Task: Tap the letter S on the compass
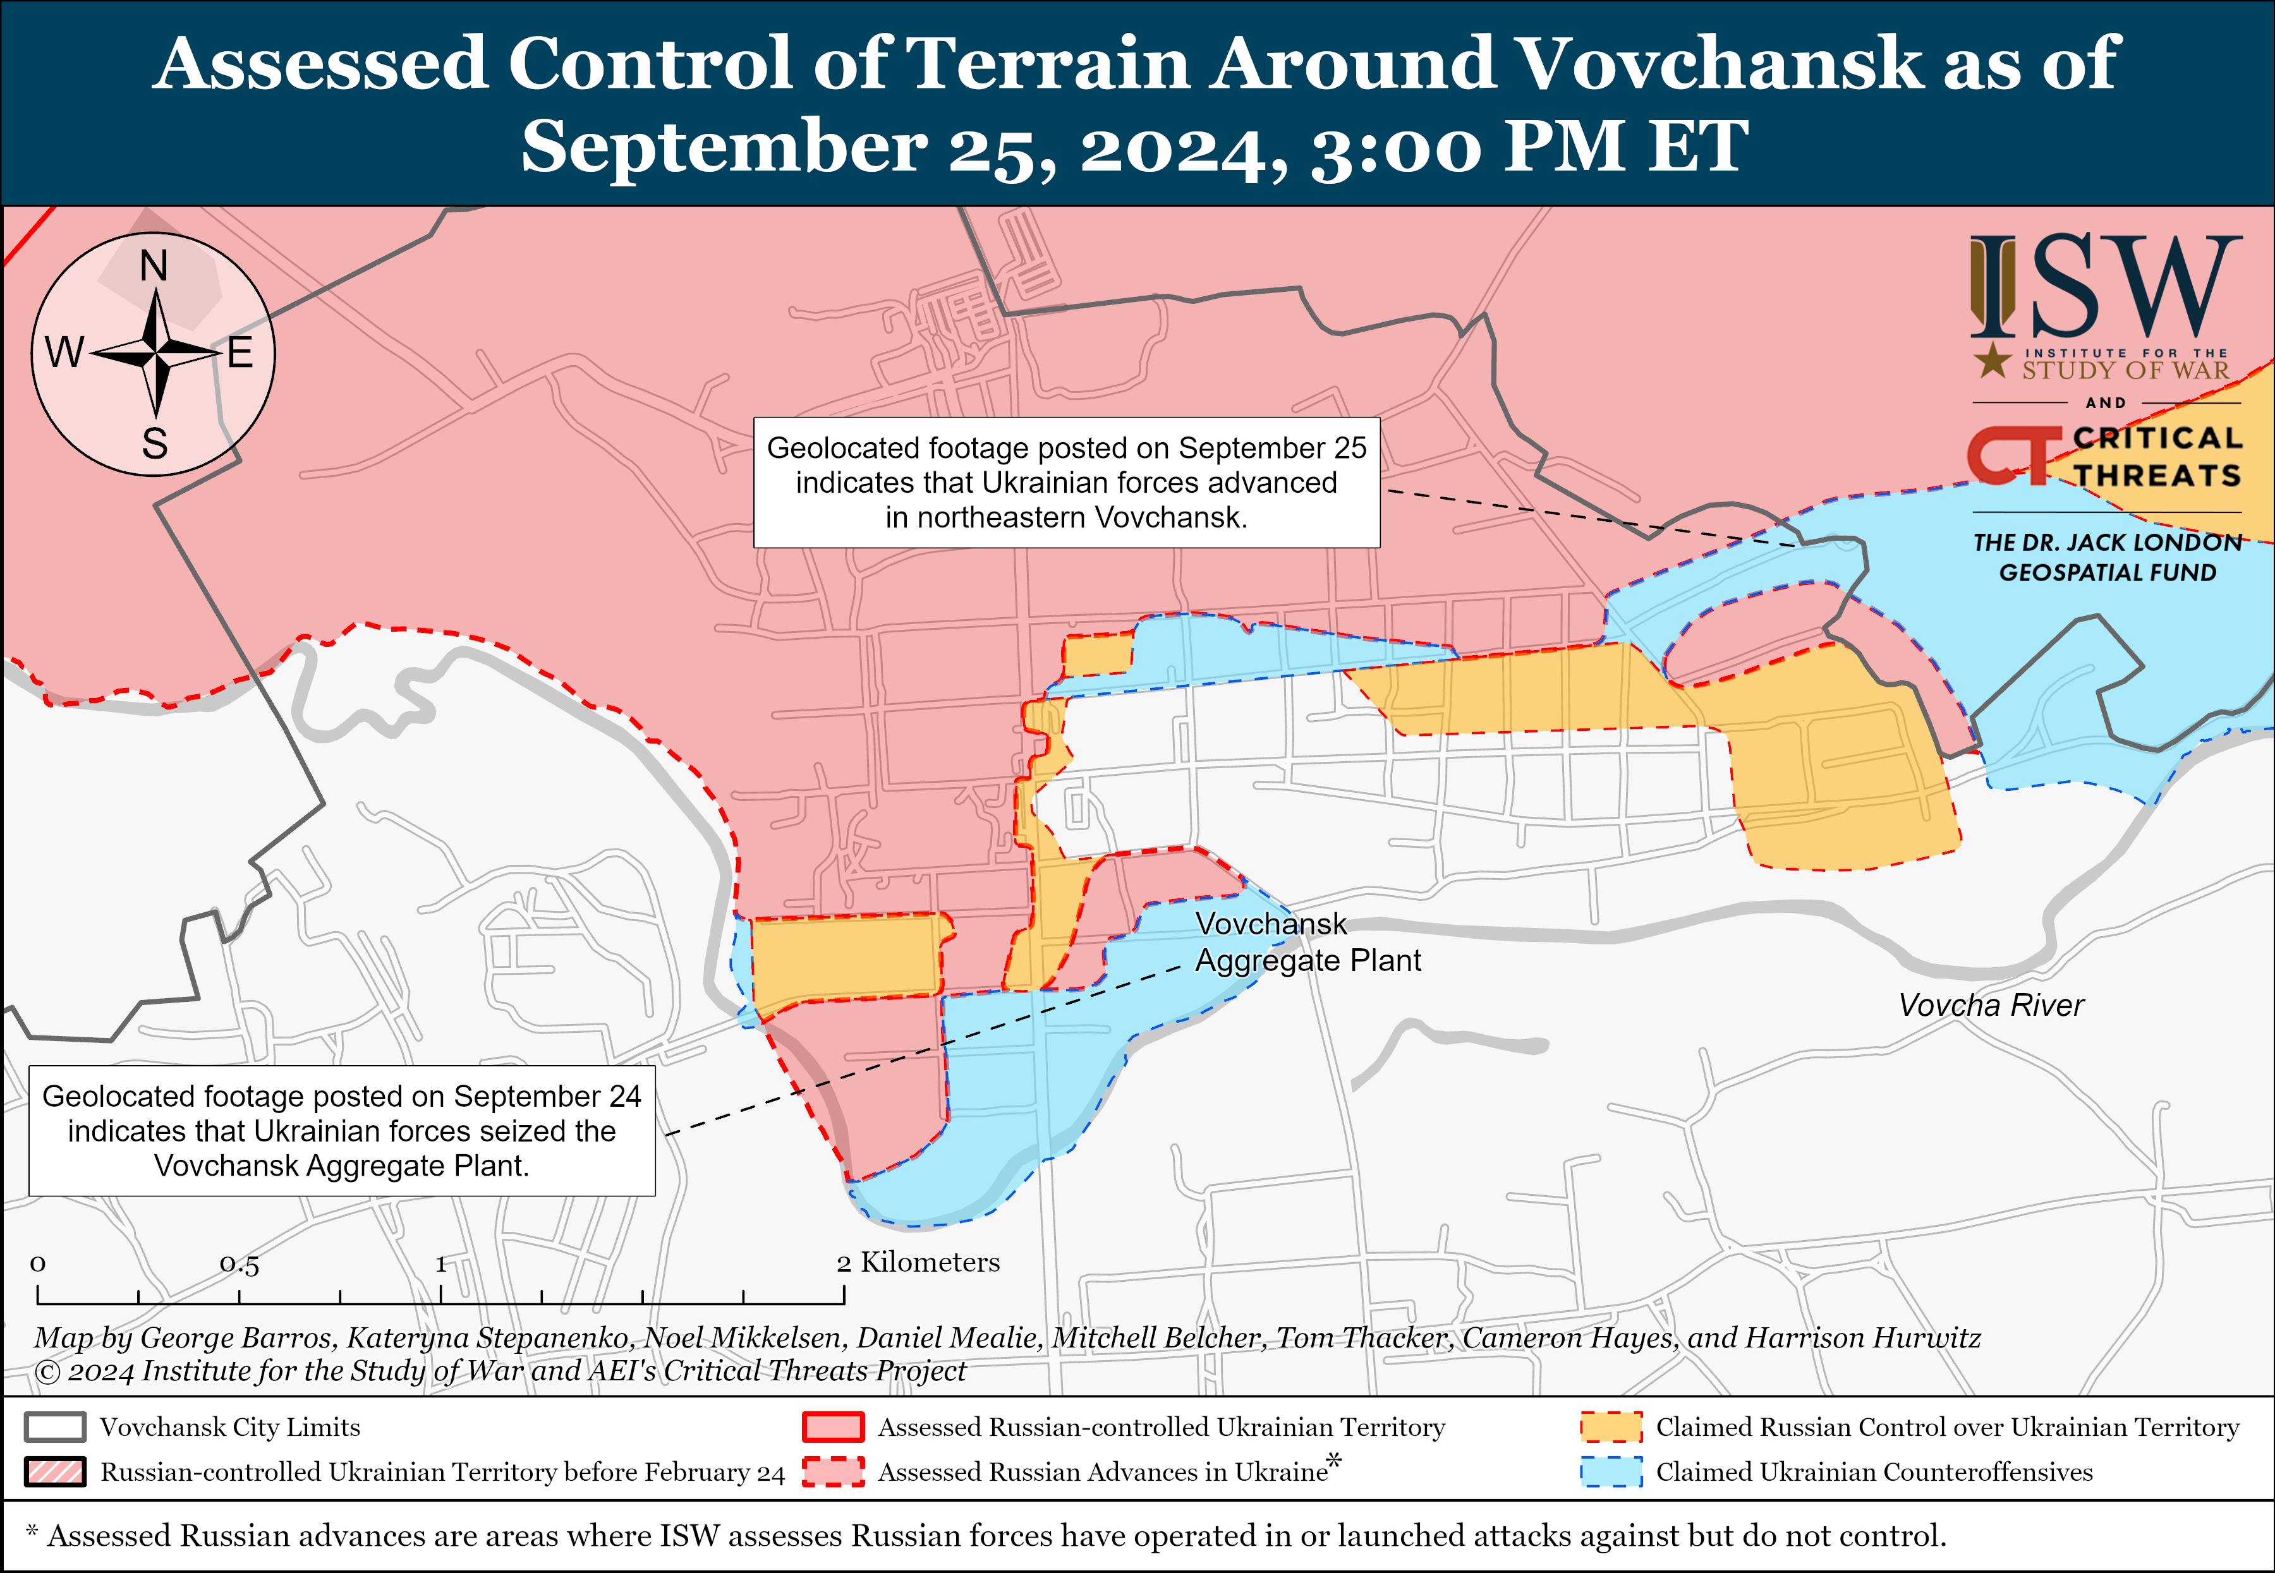pos(155,443)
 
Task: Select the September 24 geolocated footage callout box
pos(341,1130)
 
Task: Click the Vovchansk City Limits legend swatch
pos(55,1427)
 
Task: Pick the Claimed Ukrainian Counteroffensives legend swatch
pos(1611,1471)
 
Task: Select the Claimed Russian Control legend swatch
pos(1611,1427)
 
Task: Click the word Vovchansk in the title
pos(1717,64)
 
